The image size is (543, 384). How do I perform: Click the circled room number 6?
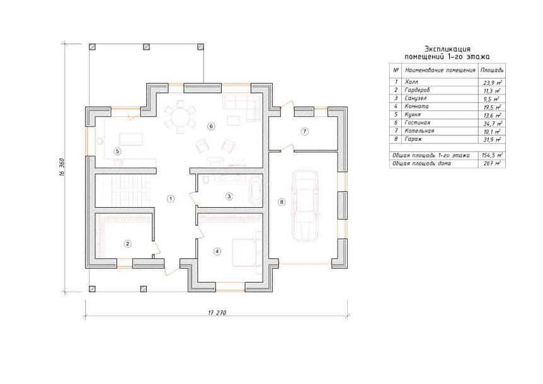(211, 127)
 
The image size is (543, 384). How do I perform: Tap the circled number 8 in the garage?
(282, 201)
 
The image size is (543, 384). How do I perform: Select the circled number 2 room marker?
(128, 244)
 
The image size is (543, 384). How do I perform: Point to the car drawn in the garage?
(305, 206)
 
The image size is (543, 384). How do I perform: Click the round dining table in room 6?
(180, 117)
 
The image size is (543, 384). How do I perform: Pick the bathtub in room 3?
(256, 191)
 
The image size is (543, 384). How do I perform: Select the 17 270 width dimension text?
(217, 313)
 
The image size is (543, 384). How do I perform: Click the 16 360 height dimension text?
(62, 168)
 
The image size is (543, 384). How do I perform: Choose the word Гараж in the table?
(413, 139)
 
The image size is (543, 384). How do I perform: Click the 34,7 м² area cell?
(493, 123)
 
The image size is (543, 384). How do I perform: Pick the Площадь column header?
(492, 71)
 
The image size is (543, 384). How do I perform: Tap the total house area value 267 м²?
(492, 163)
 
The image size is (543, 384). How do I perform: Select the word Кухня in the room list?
(413, 115)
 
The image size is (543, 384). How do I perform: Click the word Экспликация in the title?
(447, 49)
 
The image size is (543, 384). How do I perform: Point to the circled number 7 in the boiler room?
(305, 132)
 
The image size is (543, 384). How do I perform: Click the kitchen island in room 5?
(130, 139)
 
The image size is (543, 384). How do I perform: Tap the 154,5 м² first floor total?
(492, 155)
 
